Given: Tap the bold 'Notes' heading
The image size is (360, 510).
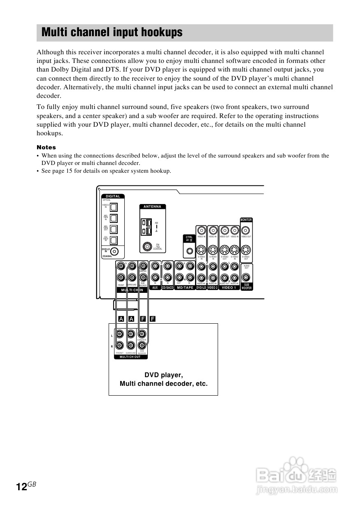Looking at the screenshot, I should click(x=46, y=147).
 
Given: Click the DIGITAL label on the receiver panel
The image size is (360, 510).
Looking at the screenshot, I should click(x=113, y=196).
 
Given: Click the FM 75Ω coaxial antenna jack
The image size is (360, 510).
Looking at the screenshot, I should click(x=146, y=247).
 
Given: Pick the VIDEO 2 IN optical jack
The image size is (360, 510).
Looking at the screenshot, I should click(x=114, y=207).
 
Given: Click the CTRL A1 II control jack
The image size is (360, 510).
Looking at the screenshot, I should click(x=189, y=250).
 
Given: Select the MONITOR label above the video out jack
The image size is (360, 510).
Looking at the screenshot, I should click(x=246, y=220).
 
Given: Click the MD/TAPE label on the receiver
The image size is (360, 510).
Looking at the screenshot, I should click(x=185, y=288).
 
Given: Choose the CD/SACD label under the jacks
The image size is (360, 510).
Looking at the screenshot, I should click(x=167, y=288).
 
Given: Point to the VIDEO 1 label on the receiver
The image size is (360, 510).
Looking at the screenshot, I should click(x=229, y=288).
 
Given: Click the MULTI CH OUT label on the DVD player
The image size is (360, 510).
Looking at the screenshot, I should click(x=130, y=357).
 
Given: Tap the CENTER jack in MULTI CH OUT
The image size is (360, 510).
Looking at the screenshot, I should click(x=142, y=334).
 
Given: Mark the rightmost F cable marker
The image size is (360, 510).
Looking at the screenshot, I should click(x=152, y=319).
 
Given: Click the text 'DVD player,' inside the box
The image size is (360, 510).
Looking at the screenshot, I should click(x=163, y=375).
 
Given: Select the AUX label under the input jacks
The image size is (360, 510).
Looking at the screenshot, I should click(x=155, y=288).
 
